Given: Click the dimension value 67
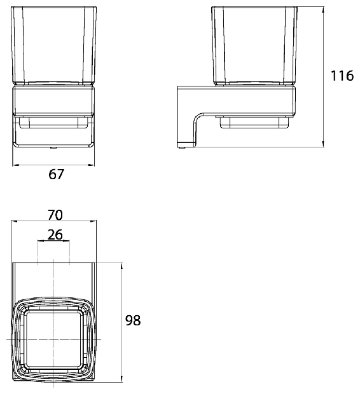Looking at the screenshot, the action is click(x=57, y=174).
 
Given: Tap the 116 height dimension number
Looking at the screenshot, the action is click(x=342, y=76).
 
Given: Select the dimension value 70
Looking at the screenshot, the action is click(x=55, y=215).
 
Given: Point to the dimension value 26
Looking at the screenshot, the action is click(x=55, y=234).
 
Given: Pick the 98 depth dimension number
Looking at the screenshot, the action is click(x=133, y=320).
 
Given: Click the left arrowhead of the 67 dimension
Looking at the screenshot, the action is click(x=16, y=165).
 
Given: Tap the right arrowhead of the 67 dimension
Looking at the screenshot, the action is click(x=92, y=165).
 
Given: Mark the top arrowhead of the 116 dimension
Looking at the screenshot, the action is click(x=323, y=10).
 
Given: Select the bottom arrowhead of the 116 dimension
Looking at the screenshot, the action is click(x=323, y=144).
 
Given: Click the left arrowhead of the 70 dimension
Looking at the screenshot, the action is click(x=14, y=221).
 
